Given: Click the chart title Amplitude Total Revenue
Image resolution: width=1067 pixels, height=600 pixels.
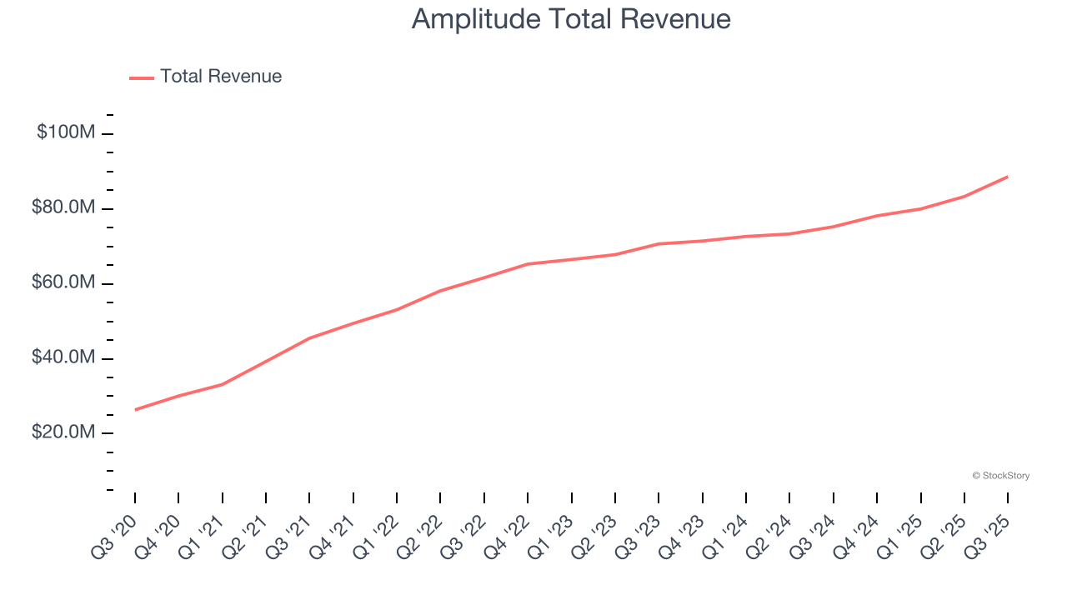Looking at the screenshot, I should point(571,18).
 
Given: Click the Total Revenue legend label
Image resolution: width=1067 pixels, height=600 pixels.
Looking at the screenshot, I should point(221,77).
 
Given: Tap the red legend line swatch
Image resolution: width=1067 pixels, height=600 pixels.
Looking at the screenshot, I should point(142,77).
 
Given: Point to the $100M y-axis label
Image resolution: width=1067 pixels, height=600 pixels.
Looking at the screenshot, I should point(66,132).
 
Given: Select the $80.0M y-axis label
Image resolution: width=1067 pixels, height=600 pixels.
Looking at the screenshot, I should point(63,207).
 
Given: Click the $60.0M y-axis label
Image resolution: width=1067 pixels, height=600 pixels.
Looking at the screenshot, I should point(63,282).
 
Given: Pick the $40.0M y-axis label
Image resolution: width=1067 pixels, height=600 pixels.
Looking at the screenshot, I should point(63,357).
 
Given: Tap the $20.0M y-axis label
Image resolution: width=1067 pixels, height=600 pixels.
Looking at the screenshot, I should point(63,432).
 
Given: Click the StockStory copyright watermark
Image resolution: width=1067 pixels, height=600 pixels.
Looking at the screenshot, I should point(1000,476).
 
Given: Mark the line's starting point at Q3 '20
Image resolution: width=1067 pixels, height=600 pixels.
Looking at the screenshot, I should point(135,409).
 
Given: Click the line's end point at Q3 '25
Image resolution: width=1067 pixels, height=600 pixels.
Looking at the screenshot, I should point(1008,177).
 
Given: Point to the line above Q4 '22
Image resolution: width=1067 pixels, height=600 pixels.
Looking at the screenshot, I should point(528,264).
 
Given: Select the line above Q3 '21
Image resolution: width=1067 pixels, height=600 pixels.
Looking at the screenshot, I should point(309,338).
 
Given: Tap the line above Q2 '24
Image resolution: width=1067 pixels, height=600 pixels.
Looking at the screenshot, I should point(789,233).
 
